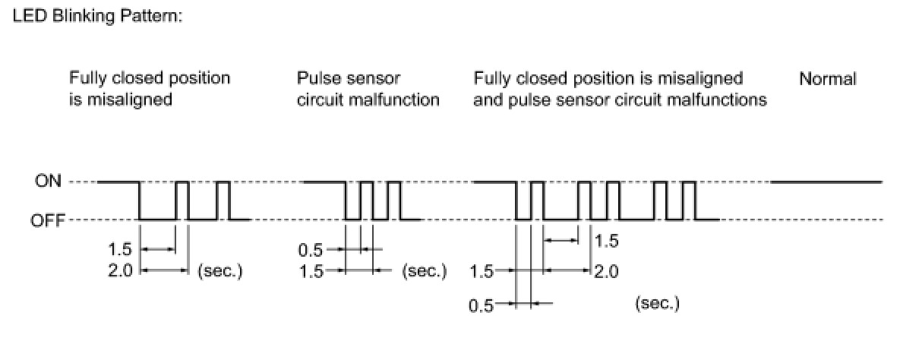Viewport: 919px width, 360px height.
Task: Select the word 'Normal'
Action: (827, 78)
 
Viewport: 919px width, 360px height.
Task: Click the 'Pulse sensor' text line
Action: (349, 78)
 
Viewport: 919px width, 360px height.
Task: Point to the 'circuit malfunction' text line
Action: (368, 99)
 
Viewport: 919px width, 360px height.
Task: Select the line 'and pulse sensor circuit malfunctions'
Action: (620, 99)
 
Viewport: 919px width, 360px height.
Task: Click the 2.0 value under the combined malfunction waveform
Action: (605, 270)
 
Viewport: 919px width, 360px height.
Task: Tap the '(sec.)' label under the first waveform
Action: (219, 270)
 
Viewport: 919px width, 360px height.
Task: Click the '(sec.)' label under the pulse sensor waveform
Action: (424, 270)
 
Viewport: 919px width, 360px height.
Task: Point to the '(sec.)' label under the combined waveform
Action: (657, 305)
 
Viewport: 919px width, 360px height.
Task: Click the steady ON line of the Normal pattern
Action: (826, 182)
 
